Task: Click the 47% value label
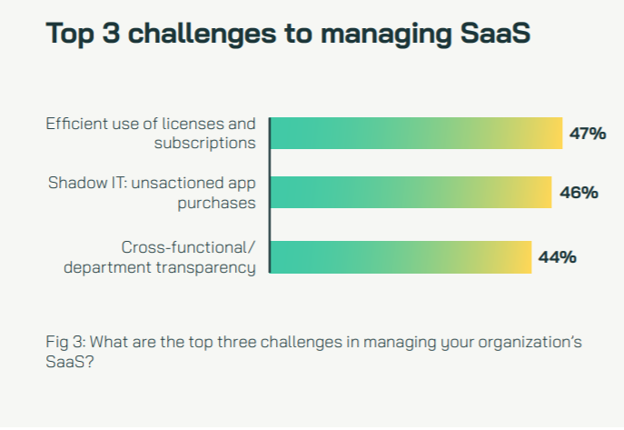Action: pyautogui.click(x=588, y=134)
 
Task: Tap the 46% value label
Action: pyautogui.click(x=579, y=193)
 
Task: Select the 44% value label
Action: pyautogui.click(x=557, y=257)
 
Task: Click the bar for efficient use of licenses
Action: pyautogui.click(x=416, y=134)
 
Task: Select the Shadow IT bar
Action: pyautogui.click(x=411, y=193)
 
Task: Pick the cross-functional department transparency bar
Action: pyautogui.click(x=401, y=257)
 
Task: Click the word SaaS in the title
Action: pyautogui.click(x=495, y=33)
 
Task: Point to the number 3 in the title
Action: pyautogui.click(x=111, y=33)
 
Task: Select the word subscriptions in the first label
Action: pyautogui.click(x=205, y=144)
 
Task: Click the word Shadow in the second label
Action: pyautogui.click(x=74, y=183)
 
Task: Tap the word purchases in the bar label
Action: pyautogui.click(x=216, y=203)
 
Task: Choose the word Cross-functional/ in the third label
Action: pyautogui.click(x=188, y=247)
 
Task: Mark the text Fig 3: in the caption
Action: pyautogui.click(x=65, y=343)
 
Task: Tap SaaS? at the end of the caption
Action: pyautogui.click(x=70, y=363)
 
